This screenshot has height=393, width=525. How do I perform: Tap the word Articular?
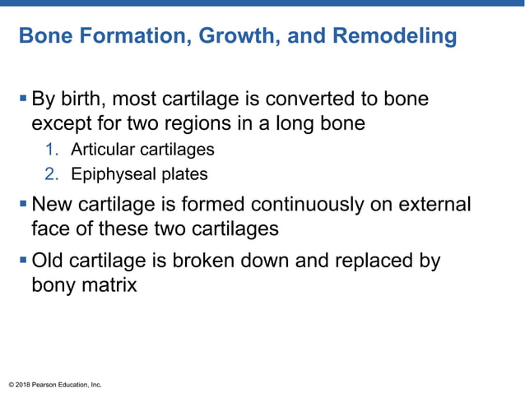(x=99, y=150)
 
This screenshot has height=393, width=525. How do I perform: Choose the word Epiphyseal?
(x=108, y=174)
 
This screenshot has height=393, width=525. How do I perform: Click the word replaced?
(x=373, y=261)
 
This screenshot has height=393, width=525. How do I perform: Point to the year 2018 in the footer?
(x=24, y=384)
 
